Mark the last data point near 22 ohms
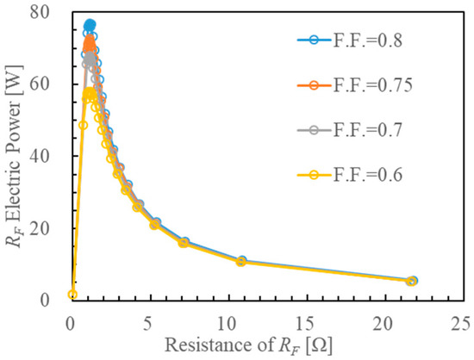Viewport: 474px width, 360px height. pyautogui.click(x=412, y=281)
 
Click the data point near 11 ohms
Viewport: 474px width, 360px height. pyautogui.click(x=241, y=261)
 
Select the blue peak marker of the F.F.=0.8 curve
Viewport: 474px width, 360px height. pyautogui.click(x=90, y=26)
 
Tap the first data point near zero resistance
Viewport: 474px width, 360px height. pyautogui.click(x=72, y=295)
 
